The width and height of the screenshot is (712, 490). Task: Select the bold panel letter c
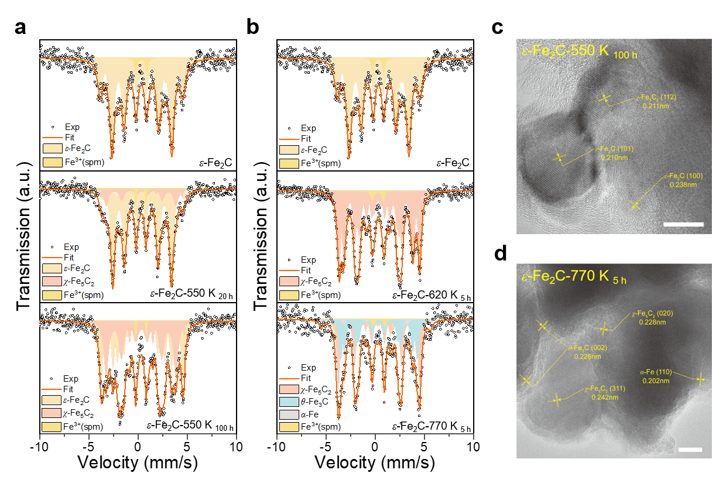[498, 27]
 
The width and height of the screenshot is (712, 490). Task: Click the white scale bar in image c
[683, 224]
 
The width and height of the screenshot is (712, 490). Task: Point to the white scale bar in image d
[690, 450]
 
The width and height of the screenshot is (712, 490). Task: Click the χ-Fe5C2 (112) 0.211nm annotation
[655, 102]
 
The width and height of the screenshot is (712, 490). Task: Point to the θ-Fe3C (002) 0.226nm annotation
[583, 352]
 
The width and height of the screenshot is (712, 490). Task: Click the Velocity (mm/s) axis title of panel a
[138, 463]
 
